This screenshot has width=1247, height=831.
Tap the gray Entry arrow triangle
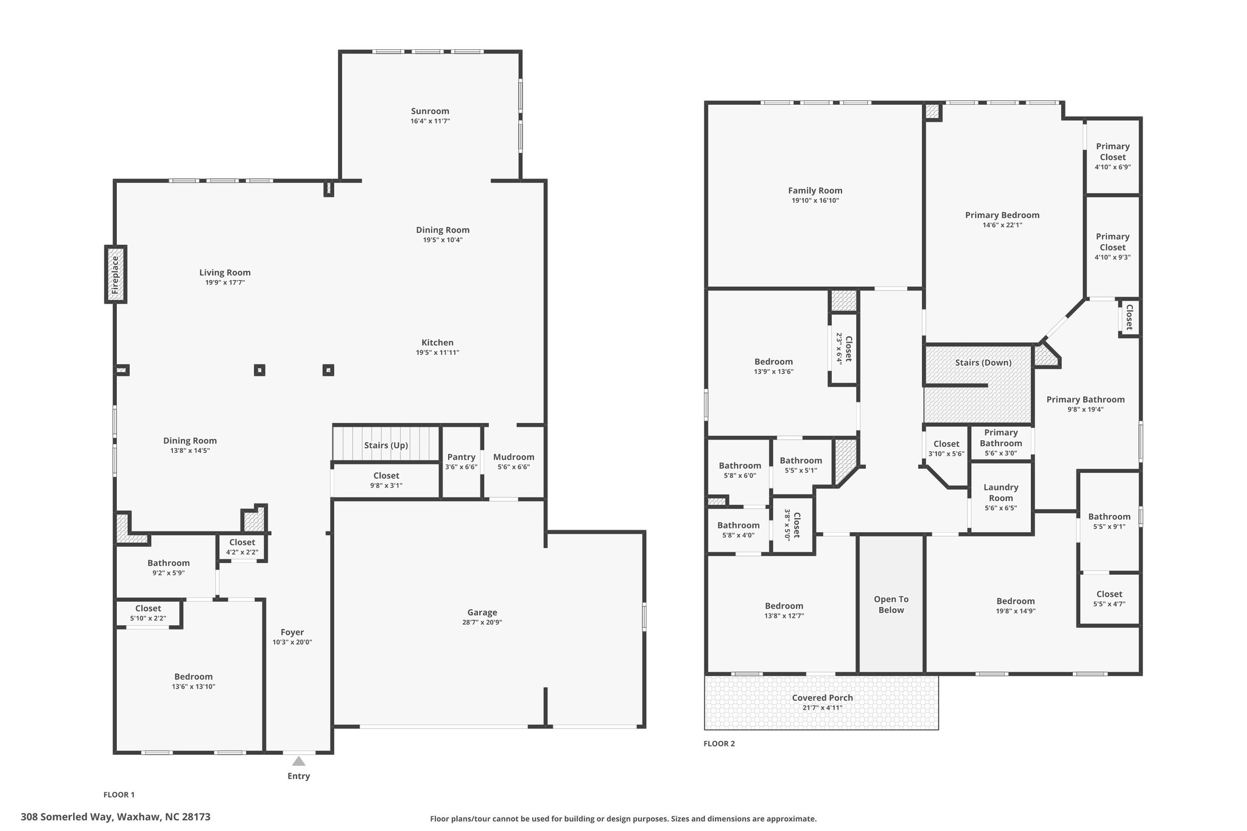click(x=298, y=761)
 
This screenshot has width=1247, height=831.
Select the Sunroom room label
click(x=430, y=111)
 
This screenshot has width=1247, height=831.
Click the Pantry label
click(x=461, y=457)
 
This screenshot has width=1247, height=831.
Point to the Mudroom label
click(x=514, y=457)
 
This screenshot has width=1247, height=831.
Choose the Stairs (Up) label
click(x=386, y=445)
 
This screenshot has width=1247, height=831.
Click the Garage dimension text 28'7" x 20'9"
click(x=482, y=622)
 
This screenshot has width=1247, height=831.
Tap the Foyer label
click(x=292, y=632)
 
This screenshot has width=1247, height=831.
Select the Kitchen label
click(x=437, y=343)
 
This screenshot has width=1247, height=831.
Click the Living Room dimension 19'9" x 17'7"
click(x=225, y=282)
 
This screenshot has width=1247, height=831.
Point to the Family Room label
click(x=815, y=191)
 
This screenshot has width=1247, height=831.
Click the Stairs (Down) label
click(x=983, y=363)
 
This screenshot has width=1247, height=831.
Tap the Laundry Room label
click(x=1001, y=493)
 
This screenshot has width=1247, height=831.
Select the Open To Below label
click(x=891, y=605)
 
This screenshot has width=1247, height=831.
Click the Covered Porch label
click(x=823, y=698)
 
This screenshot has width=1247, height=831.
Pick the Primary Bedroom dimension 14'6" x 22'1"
click(x=1002, y=225)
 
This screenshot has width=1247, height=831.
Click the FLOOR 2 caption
click(x=719, y=743)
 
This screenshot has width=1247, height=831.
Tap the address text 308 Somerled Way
click(x=66, y=817)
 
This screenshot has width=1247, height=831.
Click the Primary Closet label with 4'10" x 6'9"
click(x=1113, y=152)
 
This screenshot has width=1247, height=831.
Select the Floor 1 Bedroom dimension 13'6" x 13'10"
click(x=194, y=687)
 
